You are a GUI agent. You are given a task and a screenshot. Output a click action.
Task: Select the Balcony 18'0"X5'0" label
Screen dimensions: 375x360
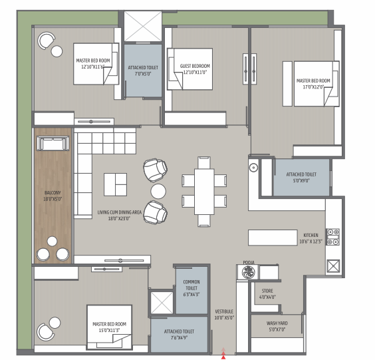[53, 196]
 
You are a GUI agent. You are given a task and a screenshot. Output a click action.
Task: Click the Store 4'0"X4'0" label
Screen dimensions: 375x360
[267, 294]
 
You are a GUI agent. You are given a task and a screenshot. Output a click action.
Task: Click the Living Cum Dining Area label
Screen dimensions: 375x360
[119, 215]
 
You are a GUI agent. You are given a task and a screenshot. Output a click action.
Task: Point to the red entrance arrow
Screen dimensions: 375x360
[223, 355]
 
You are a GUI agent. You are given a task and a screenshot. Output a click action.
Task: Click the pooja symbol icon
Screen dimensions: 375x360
[248, 272]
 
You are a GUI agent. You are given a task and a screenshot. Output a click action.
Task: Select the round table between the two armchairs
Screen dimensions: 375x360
[158, 191]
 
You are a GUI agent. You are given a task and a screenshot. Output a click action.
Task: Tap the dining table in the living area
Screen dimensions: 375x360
[204, 192]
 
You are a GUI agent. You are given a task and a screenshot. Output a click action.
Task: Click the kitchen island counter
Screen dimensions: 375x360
[273, 238]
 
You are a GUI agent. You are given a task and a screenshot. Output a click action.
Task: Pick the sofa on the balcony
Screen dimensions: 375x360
[53, 143]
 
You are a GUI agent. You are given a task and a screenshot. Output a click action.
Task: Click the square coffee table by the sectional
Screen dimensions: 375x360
[115, 184]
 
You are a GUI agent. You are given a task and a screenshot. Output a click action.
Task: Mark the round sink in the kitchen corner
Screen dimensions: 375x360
[253, 167]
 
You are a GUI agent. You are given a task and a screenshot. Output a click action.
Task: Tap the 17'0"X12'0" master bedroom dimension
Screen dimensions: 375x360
[313, 87]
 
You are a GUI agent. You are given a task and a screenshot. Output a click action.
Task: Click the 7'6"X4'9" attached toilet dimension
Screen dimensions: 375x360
[179, 337]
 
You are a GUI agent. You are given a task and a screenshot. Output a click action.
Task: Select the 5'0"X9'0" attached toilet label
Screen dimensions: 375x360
[301, 178]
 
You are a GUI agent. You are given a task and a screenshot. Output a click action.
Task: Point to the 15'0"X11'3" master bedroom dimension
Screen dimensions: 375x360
[109, 330]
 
